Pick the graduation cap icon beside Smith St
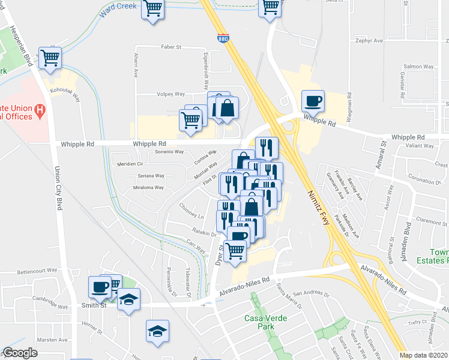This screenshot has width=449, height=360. (128, 298)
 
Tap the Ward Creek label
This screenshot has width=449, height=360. (119, 9)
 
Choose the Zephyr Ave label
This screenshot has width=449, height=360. (369, 41)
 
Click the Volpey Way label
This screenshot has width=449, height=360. (170, 94)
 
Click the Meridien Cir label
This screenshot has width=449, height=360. (131, 163)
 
